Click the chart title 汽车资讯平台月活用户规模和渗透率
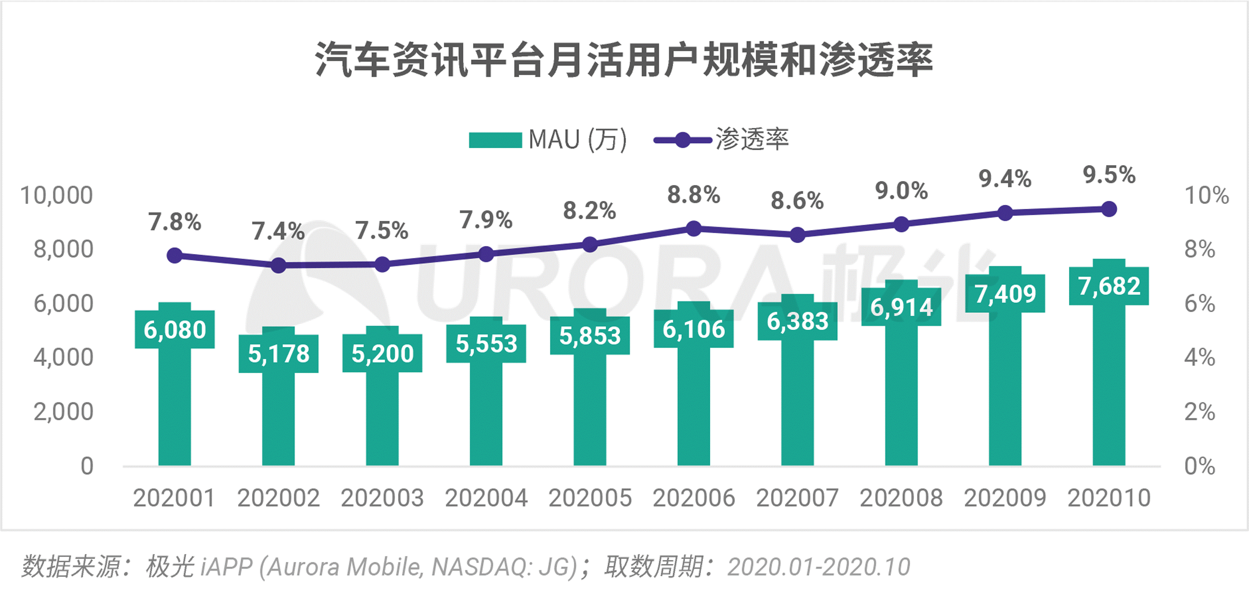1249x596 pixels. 624,60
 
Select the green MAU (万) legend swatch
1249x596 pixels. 495,140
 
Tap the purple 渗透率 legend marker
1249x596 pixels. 682,141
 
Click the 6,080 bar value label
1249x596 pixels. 175,330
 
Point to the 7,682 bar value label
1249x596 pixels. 1109,286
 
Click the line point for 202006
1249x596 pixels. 694,228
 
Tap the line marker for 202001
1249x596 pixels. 175,256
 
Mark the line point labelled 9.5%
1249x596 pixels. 1109,209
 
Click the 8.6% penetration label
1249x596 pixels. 797,201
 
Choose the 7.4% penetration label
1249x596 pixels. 278,231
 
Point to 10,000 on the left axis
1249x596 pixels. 56,196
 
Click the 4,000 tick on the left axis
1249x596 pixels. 63,358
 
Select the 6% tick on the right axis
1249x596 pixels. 1199,304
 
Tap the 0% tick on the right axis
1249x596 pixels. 1199,466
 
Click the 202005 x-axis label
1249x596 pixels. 590,498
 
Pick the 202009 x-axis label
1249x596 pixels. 1005,498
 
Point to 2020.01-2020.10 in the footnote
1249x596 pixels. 819,567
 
